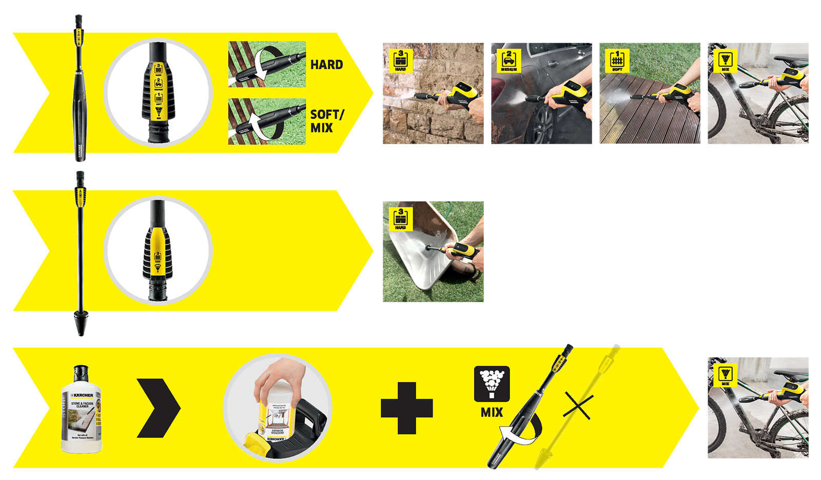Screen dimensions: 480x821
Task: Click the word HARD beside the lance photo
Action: tap(326, 65)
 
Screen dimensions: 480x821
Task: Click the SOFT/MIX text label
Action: tap(326, 121)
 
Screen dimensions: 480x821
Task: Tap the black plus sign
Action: tap(406, 408)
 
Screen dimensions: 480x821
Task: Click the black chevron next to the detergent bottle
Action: tap(159, 408)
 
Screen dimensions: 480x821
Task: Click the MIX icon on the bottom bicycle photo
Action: tap(725, 375)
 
